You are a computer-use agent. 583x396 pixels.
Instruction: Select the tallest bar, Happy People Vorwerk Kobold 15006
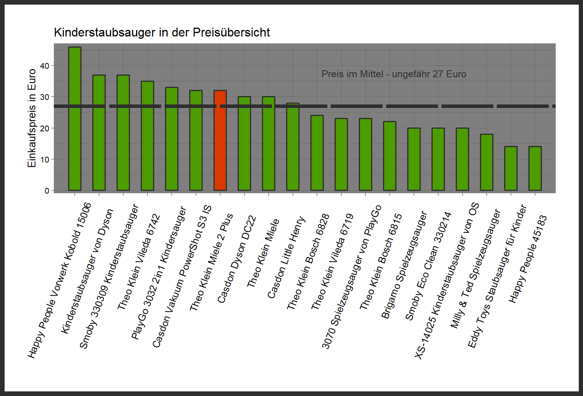(x=75, y=119)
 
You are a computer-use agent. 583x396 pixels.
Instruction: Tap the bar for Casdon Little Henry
(x=293, y=150)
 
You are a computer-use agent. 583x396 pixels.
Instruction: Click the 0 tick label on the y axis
(x=47, y=191)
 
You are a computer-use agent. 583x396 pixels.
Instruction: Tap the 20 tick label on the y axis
(x=45, y=128)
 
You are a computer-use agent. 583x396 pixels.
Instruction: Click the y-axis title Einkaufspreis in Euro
(x=32, y=118)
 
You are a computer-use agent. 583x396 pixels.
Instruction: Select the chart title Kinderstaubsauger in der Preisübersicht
(x=162, y=32)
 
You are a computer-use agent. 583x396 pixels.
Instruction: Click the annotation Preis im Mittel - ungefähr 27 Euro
(x=394, y=74)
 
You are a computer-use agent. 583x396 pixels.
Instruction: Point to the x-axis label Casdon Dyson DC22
(x=237, y=259)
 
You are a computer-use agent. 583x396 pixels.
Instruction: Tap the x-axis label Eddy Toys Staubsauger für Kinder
(x=497, y=277)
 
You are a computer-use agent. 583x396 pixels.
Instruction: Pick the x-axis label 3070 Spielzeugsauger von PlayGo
(x=351, y=277)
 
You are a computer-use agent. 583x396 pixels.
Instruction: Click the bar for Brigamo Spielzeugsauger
(x=414, y=159)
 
